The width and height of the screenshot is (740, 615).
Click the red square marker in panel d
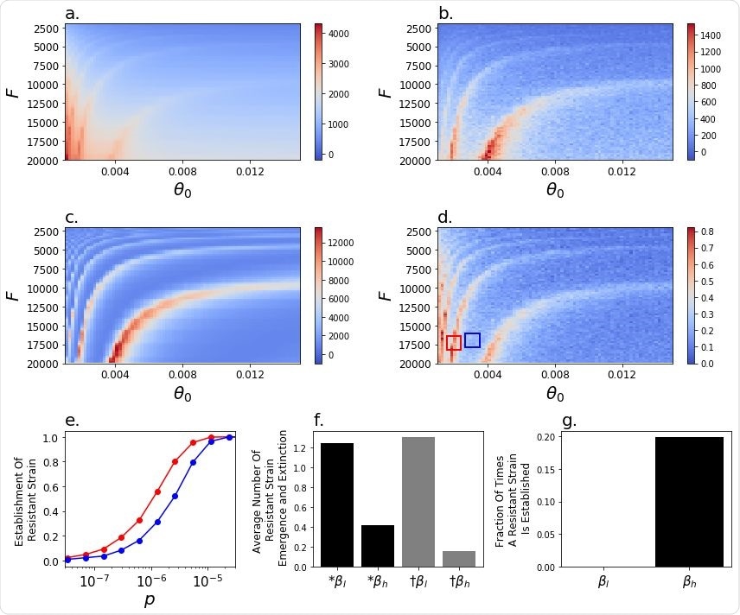pyautogui.click(x=454, y=343)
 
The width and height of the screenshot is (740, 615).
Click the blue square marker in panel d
pyautogui.click(x=472, y=339)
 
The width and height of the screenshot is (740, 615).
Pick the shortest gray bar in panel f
pyautogui.click(x=460, y=559)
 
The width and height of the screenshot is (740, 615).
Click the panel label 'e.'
pyautogui.click(x=73, y=422)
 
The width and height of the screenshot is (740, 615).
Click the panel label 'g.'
pyautogui.click(x=569, y=422)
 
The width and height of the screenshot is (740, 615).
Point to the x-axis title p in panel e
pyautogui.click(x=149, y=601)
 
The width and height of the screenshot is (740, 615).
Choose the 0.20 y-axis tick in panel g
pyautogui.click(x=546, y=437)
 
